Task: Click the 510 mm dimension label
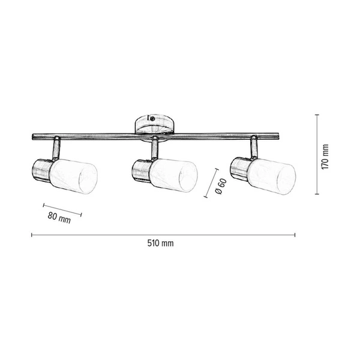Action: click(x=160, y=244)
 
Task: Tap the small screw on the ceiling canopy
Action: click(x=153, y=120)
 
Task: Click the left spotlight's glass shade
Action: click(x=74, y=173)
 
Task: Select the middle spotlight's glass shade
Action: click(x=174, y=173)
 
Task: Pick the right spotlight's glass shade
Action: click(x=273, y=173)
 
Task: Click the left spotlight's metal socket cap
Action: click(x=41, y=170)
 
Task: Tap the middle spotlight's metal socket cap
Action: click(x=140, y=171)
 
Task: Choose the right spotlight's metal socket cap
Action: click(x=239, y=170)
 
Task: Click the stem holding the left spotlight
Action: click(x=56, y=147)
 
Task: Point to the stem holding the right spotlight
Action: click(x=254, y=147)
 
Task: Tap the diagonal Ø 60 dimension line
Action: click(x=211, y=182)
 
